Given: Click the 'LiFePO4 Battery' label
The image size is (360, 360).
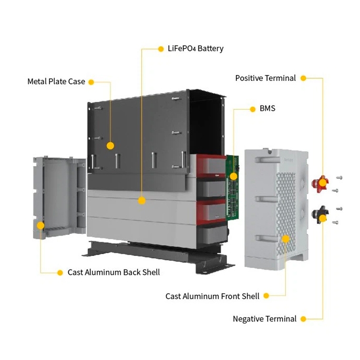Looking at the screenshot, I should click(x=196, y=49).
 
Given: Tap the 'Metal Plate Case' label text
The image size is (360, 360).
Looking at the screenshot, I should click(x=56, y=81).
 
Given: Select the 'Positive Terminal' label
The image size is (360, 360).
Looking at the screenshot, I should click(x=265, y=78).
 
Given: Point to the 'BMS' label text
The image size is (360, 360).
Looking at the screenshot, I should click(x=267, y=109).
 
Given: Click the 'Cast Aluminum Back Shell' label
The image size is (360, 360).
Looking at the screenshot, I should click(x=114, y=272).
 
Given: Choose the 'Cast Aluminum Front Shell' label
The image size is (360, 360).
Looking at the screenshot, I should click(x=212, y=296).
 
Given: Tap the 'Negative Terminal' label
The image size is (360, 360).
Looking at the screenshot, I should click(x=264, y=319).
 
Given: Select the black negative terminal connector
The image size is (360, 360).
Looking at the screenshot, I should click(x=318, y=214).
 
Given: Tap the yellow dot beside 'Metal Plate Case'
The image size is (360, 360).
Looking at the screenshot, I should click(x=91, y=82).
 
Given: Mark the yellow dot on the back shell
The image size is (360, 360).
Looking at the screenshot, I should click(x=41, y=224).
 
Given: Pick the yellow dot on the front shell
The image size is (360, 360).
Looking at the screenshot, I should click(x=285, y=239).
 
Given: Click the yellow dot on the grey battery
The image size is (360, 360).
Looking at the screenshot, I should click(x=141, y=200).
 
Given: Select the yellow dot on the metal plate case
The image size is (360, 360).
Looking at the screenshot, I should click(x=110, y=146).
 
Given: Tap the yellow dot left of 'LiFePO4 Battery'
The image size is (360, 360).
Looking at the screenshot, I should click(x=161, y=49).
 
